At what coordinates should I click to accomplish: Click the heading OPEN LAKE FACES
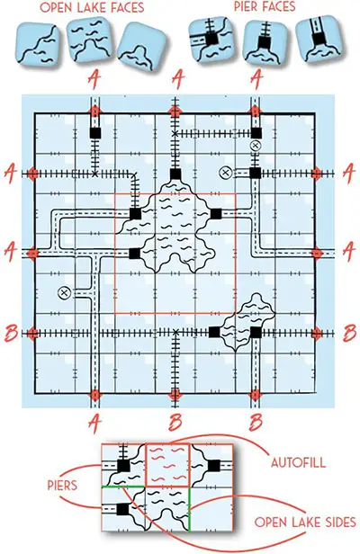click(92, 7)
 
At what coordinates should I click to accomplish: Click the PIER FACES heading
click(265, 6)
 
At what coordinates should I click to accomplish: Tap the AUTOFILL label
click(298, 462)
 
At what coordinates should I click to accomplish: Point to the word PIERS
click(62, 485)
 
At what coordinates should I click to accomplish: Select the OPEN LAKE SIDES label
click(305, 523)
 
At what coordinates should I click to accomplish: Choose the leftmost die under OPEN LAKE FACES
click(37, 43)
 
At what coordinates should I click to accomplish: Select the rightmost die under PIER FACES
click(319, 39)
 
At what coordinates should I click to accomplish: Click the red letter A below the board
click(94, 424)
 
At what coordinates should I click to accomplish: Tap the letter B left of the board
click(11, 333)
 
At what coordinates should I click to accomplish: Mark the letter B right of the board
click(349, 333)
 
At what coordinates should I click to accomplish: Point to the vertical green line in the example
click(190, 509)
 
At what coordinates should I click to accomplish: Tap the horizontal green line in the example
click(123, 487)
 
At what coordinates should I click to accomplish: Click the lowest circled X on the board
click(65, 292)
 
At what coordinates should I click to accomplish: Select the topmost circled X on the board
click(256, 145)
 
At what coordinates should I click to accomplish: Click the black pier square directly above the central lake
click(175, 174)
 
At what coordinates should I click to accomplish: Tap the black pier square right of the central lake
click(216, 214)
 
